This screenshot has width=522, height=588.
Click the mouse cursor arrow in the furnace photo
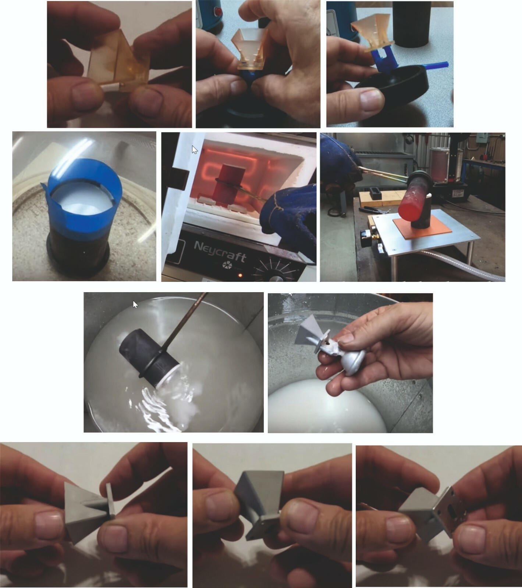tap(195, 150)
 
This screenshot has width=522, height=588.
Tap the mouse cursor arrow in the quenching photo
tap(135, 304)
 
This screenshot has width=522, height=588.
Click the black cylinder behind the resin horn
tap(410, 24)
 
